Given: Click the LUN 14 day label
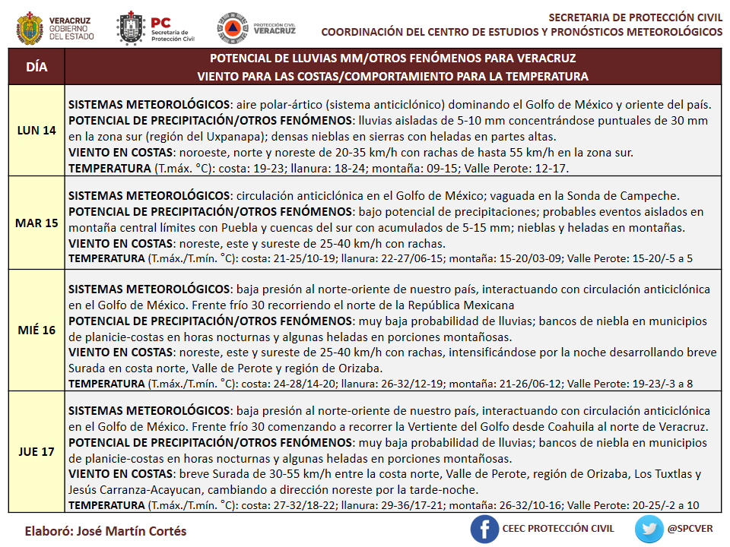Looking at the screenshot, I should pos(36,130).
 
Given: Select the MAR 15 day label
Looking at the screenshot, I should pos(36,223).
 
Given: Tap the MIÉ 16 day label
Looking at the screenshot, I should pos(36,330).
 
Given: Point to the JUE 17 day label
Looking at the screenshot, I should pos(36,451).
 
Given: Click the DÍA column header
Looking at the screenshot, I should pos(36,67).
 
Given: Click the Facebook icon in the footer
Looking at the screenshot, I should pos(484,529).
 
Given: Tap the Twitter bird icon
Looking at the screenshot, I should pos(649,529).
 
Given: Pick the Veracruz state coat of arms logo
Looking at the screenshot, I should pos(29,28).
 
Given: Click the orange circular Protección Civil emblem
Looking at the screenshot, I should pos(231,27).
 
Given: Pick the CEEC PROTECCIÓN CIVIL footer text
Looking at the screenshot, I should pos(557,529).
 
